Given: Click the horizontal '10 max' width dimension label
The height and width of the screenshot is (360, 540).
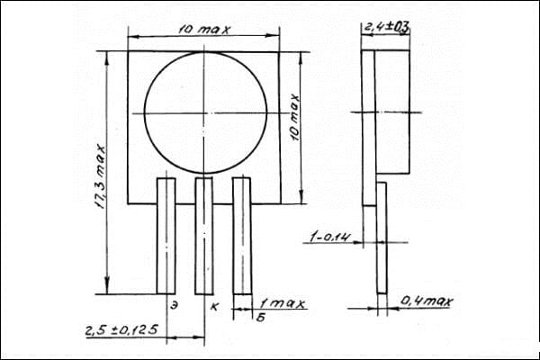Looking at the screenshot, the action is [x=204, y=30].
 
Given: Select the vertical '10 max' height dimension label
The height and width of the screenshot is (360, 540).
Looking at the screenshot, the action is [x=295, y=117].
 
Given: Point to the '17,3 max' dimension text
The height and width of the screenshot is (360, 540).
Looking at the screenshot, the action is [x=101, y=176].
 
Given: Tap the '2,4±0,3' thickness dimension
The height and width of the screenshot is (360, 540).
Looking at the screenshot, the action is [x=386, y=27].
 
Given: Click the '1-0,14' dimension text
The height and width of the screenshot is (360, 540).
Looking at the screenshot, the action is [x=330, y=237].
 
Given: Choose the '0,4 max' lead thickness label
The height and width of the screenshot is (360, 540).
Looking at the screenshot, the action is [x=427, y=301].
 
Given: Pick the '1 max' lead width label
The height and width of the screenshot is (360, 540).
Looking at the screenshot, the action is [x=283, y=303].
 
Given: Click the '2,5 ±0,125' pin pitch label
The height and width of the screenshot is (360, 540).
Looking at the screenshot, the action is [x=121, y=330].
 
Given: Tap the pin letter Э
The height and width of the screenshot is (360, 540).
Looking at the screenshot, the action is [x=175, y=305].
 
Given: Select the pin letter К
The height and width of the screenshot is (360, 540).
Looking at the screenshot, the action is [x=214, y=306].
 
